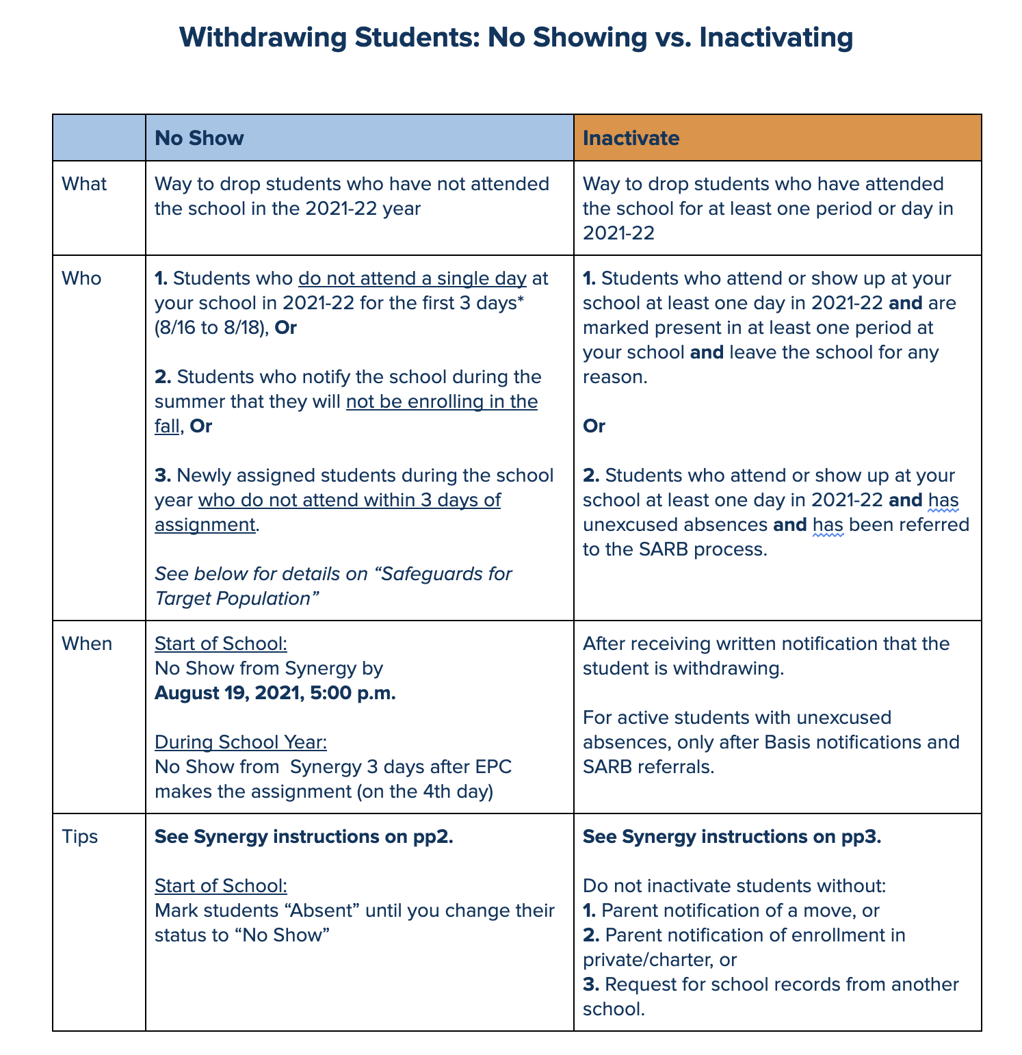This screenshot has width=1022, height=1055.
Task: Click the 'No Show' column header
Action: [x=199, y=138]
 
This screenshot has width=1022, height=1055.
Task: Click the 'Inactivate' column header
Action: [x=631, y=138]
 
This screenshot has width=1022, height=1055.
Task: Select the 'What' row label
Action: [x=84, y=184]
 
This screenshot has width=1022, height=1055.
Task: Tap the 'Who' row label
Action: [x=81, y=278]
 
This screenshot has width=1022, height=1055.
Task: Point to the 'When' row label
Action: [x=87, y=644]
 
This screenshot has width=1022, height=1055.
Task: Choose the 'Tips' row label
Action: [x=80, y=837]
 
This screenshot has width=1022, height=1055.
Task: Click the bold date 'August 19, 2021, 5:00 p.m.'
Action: [x=275, y=693]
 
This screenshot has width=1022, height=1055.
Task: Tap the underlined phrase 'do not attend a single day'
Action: [x=412, y=278]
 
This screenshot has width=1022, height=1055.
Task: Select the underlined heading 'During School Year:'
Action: [x=241, y=742]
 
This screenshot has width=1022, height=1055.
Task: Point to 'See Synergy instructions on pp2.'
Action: [x=304, y=837]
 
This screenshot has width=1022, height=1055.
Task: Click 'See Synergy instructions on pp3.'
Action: [x=732, y=837]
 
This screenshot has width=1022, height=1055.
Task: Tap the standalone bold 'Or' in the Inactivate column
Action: [x=594, y=426]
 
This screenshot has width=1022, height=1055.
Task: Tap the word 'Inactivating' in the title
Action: [x=775, y=38]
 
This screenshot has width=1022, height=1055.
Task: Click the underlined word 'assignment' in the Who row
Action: [x=205, y=525]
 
